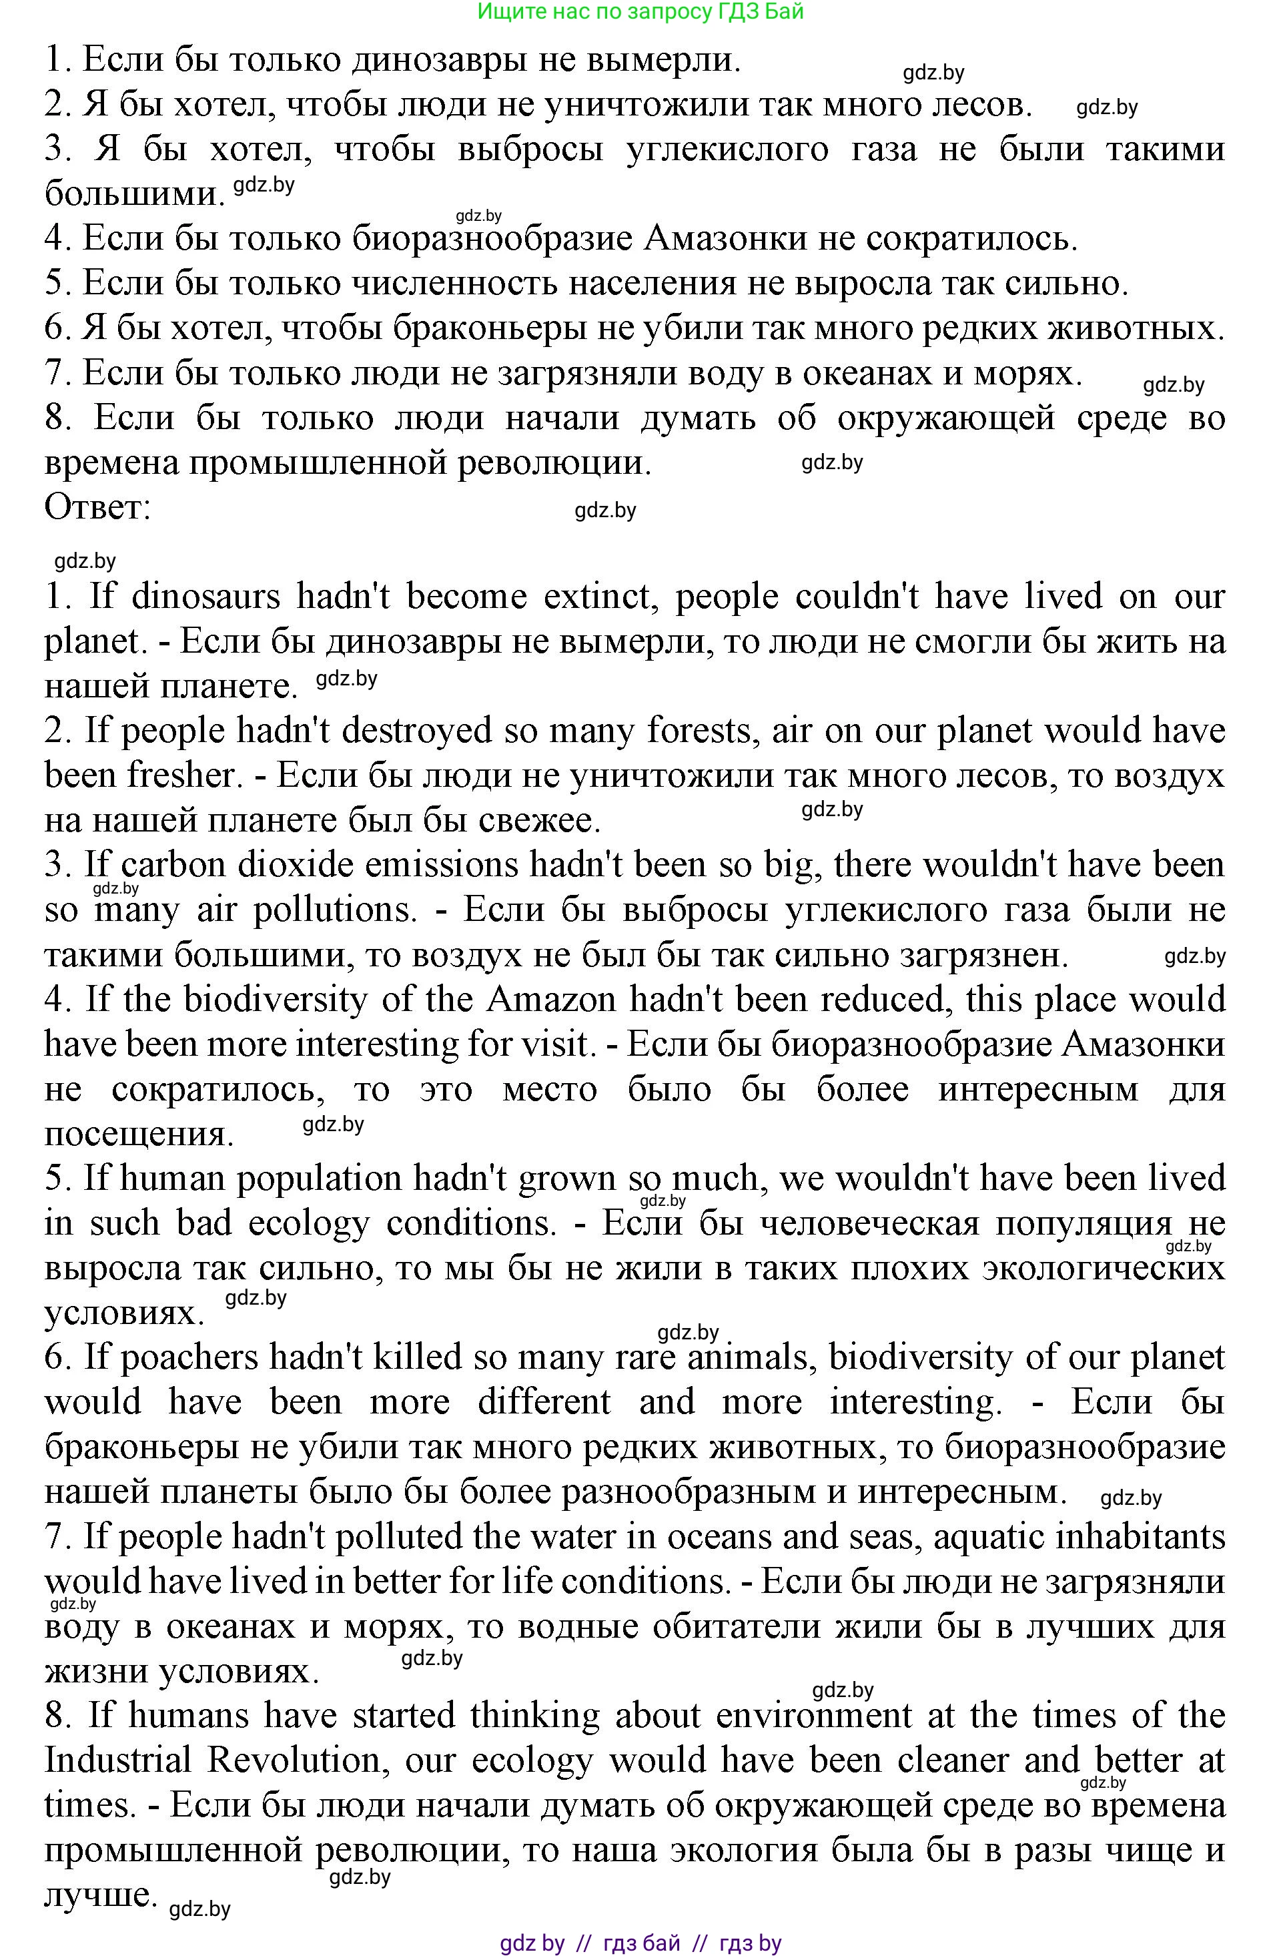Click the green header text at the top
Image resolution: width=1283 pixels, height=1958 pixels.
click(640, 11)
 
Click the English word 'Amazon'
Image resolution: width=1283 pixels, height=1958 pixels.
click(551, 1000)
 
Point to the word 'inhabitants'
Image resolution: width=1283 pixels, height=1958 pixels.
click(1152, 1537)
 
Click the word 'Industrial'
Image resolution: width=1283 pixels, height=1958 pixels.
click(119, 1760)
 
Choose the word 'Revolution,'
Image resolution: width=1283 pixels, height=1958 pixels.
click(300, 1760)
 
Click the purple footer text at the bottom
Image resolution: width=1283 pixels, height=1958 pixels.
click(640, 1944)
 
